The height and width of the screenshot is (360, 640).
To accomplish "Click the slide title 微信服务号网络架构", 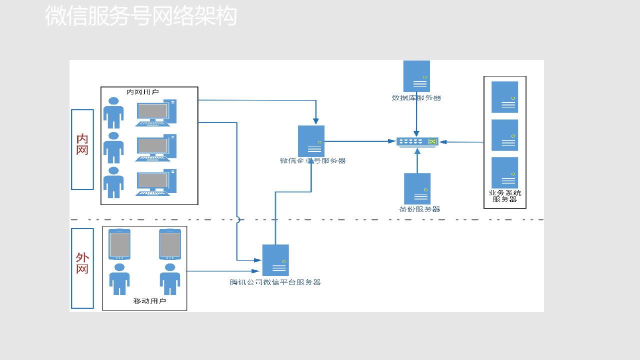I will click(140, 16).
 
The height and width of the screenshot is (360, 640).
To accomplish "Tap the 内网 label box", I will click(82, 149).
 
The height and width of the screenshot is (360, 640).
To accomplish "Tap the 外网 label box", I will click(82, 268).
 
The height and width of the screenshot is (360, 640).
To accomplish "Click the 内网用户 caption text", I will click(142, 92).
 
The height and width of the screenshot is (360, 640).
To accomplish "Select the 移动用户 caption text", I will click(149, 301).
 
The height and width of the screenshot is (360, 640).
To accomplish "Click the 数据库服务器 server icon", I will click(416, 76).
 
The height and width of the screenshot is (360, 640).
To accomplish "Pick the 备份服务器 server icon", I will click(417, 188).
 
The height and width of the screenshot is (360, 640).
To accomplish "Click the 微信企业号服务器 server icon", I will click(311, 141).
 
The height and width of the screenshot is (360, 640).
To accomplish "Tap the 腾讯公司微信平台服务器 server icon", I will click(275, 260).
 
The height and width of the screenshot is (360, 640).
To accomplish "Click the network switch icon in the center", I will click(417, 142).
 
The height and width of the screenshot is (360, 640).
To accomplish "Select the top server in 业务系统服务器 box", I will click(504, 97).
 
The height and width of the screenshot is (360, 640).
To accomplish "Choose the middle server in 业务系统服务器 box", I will click(504, 135).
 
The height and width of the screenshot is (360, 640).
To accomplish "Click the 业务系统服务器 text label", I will click(504, 195).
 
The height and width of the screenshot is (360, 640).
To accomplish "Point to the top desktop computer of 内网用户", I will click(155, 113).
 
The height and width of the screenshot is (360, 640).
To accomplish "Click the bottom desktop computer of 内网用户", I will click(155, 182).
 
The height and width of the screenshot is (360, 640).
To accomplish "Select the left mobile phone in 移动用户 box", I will click(119, 244).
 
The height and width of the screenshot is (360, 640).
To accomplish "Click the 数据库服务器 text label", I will click(416, 98).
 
